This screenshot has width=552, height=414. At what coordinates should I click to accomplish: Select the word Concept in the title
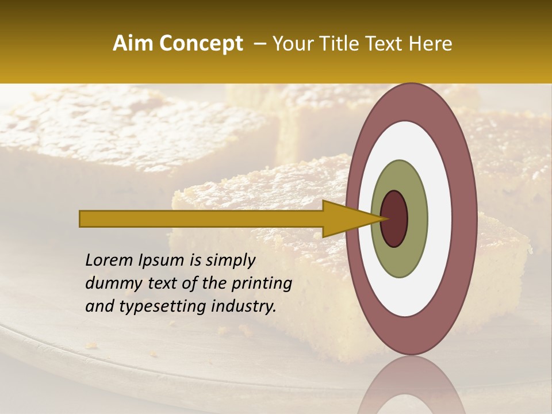[x=201, y=44]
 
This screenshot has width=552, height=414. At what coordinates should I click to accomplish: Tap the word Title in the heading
[x=332, y=44]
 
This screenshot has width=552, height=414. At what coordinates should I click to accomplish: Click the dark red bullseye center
[x=394, y=218]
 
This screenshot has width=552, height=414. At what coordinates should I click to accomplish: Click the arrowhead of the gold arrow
[x=345, y=218]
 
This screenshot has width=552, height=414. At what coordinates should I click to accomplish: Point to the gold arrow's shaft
[x=201, y=218]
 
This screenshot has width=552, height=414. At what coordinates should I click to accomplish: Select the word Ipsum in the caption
[x=161, y=261]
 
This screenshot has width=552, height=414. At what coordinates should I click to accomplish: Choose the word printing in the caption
[x=262, y=284]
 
